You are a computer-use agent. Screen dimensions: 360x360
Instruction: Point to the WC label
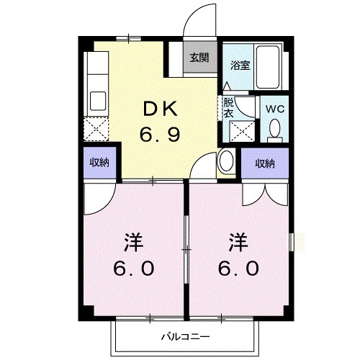point(274,108)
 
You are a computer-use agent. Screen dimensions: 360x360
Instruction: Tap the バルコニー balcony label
point(184,336)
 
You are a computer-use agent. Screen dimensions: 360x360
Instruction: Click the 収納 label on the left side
point(99,163)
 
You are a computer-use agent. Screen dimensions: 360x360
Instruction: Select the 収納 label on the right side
point(264,163)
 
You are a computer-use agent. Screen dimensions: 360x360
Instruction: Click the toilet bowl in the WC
point(274,130)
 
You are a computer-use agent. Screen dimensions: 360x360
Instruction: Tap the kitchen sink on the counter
point(96,100)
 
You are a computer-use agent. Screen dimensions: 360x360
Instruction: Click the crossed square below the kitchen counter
point(96,130)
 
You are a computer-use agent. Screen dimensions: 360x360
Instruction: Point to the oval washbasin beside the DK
point(225,161)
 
